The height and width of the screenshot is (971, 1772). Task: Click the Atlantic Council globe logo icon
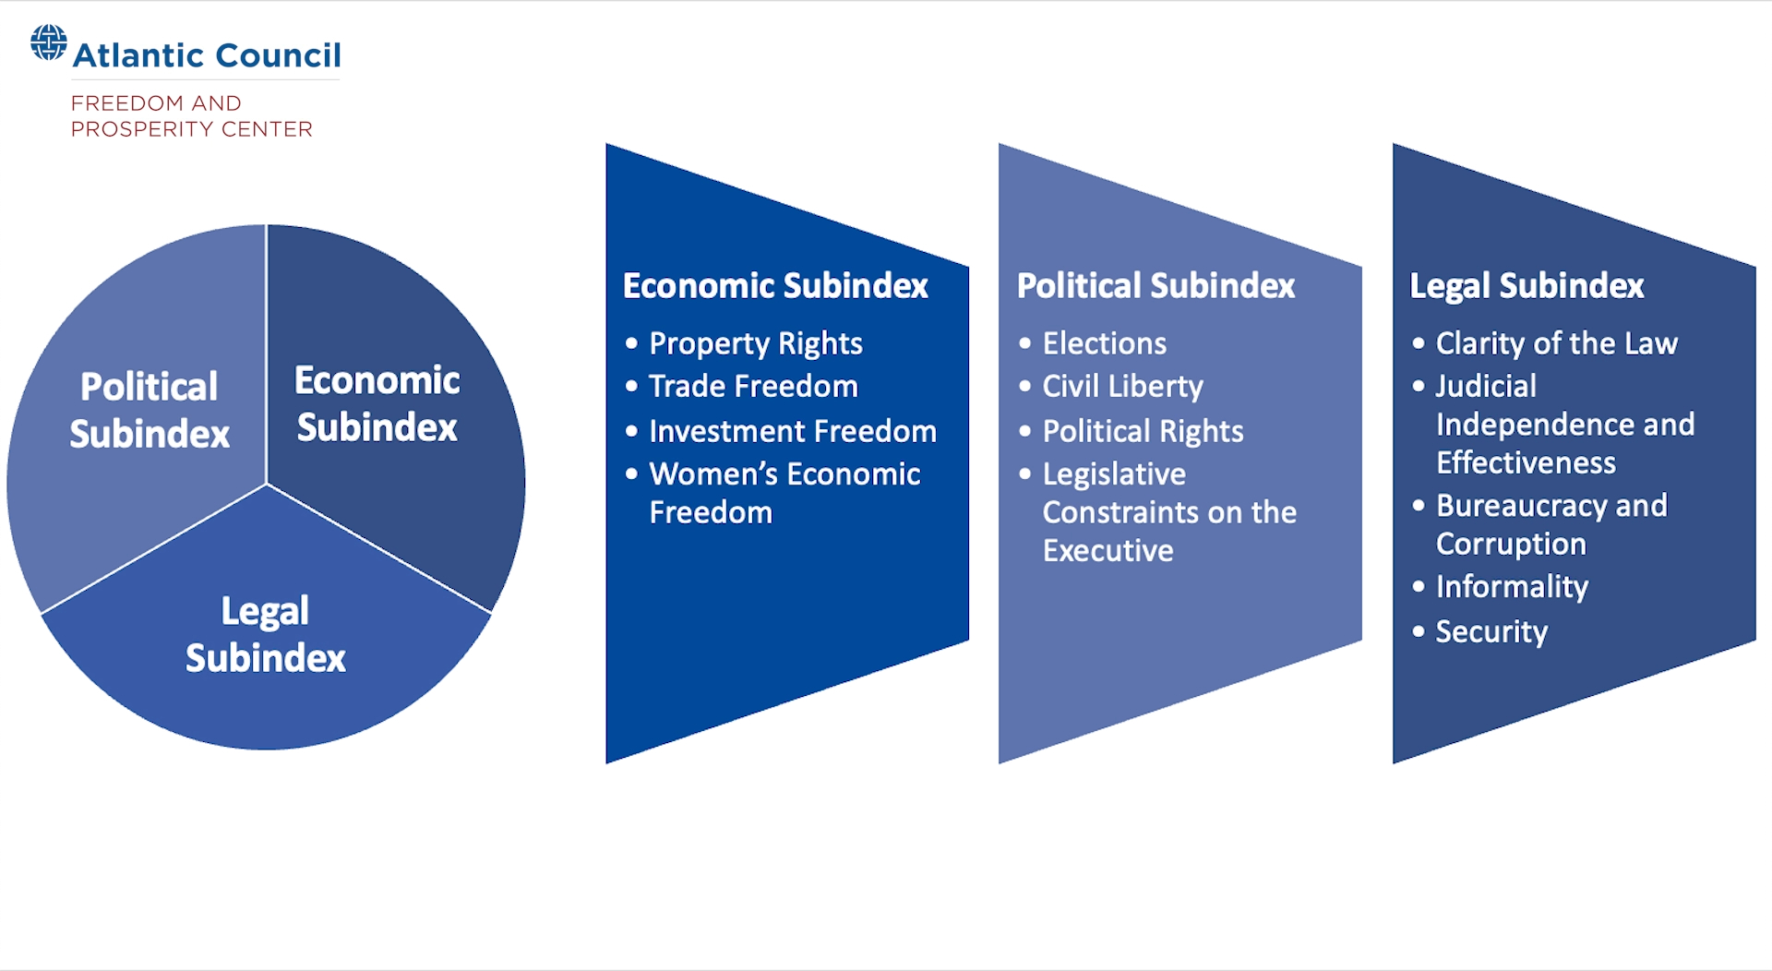pos(49,42)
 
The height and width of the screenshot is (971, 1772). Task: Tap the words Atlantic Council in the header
pos(207,55)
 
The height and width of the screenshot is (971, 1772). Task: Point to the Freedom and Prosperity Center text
pos(192,116)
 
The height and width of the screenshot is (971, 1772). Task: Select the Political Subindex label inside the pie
pos(150,410)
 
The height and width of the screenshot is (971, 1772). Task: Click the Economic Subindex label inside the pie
pos(377,404)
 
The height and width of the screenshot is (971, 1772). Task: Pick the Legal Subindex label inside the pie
pos(266,634)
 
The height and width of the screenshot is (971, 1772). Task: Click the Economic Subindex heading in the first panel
pos(775,286)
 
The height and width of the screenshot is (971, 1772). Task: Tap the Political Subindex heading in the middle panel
pos(1155,286)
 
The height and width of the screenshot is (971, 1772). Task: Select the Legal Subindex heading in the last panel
pos(1527,286)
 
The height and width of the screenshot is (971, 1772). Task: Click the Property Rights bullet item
pos(755,343)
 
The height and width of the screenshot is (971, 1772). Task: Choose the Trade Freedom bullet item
pos(753,386)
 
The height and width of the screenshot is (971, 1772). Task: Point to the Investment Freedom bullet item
pos(792,431)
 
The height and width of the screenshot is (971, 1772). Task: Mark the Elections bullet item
pos(1104,343)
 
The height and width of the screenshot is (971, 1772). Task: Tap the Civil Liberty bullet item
pos(1122,386)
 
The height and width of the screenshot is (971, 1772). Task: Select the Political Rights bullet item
pos(1143,431)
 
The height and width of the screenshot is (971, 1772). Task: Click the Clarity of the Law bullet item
pos(1556,343)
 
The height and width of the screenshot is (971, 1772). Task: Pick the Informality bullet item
pos(1512,586)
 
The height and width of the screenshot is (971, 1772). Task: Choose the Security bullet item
pos(1491,631)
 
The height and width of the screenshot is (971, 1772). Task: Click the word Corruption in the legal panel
pos(1511,544)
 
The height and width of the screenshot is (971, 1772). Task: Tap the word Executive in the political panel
pos(1107,551)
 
